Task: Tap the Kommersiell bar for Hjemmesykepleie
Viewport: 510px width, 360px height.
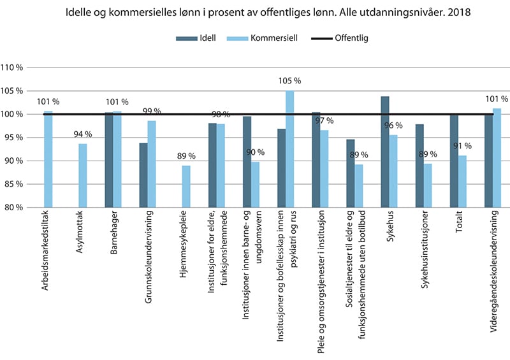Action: click(186, 186)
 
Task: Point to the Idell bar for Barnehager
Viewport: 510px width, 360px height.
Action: click(109, 160)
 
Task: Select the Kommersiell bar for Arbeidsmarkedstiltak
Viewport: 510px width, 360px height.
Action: click(48, 159)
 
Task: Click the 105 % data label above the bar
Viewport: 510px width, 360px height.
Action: click(289, 81)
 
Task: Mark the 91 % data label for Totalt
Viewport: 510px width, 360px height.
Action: click(462, 145)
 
